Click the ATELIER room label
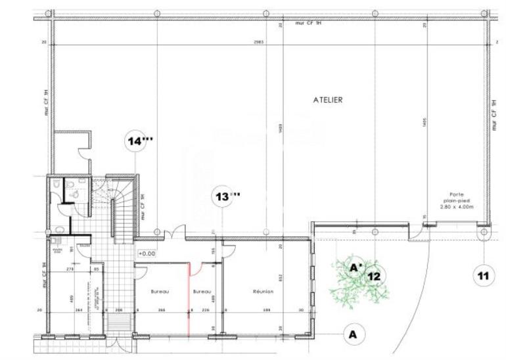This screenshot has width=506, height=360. pos(328,101)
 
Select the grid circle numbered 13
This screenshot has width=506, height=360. pos(225,196)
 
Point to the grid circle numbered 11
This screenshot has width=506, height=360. pos(484,275)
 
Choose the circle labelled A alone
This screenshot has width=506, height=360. pos(354,334)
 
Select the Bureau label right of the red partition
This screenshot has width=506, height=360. pos(202,292)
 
